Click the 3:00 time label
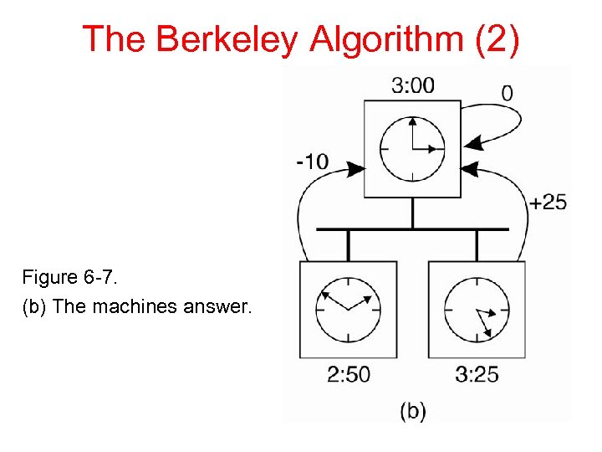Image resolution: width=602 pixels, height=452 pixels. (x=412, y=85)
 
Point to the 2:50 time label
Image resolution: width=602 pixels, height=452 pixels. (x=348, y=374)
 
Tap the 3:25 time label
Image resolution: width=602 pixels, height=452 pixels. (x=477, y=374)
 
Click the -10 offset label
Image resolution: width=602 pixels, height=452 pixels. (x=312, y=161)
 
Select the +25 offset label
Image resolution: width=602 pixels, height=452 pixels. (x=548, y=202)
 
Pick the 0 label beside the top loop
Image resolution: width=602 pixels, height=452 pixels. (x=508, y=92)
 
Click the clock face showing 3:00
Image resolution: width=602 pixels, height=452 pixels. (x=412, y=149)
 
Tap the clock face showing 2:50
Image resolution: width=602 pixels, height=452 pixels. (x=348, y=309)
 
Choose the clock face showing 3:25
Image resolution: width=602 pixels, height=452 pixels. (x=477, y=309)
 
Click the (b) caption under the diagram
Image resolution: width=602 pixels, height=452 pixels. (x=412, y=411)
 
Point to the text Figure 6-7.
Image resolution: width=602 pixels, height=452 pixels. (x=63, y=276)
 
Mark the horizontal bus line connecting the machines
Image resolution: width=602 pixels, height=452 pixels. (x=412, y=229)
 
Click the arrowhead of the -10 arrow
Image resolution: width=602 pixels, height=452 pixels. (x=356, y=168)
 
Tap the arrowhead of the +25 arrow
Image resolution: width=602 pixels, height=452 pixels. (x=469, y=169)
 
